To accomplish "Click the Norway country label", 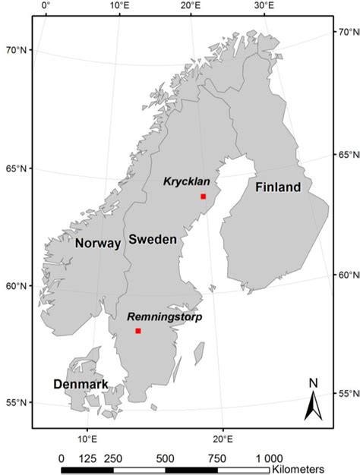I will coord(98,244).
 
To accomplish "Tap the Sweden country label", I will coord(153,239).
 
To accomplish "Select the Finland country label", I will coord(278,187).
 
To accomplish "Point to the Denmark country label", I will coord(81,384).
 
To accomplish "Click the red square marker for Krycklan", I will coord(204,197).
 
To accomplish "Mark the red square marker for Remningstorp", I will coord(138,331).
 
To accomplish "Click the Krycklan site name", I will coord(186,182).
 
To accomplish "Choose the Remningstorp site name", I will coord(164,316).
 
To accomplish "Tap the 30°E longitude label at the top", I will coord(264,6).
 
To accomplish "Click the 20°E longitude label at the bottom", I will coord(222,439).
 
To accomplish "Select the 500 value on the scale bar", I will coord(165,458).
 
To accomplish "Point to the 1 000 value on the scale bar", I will coord(269,458).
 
